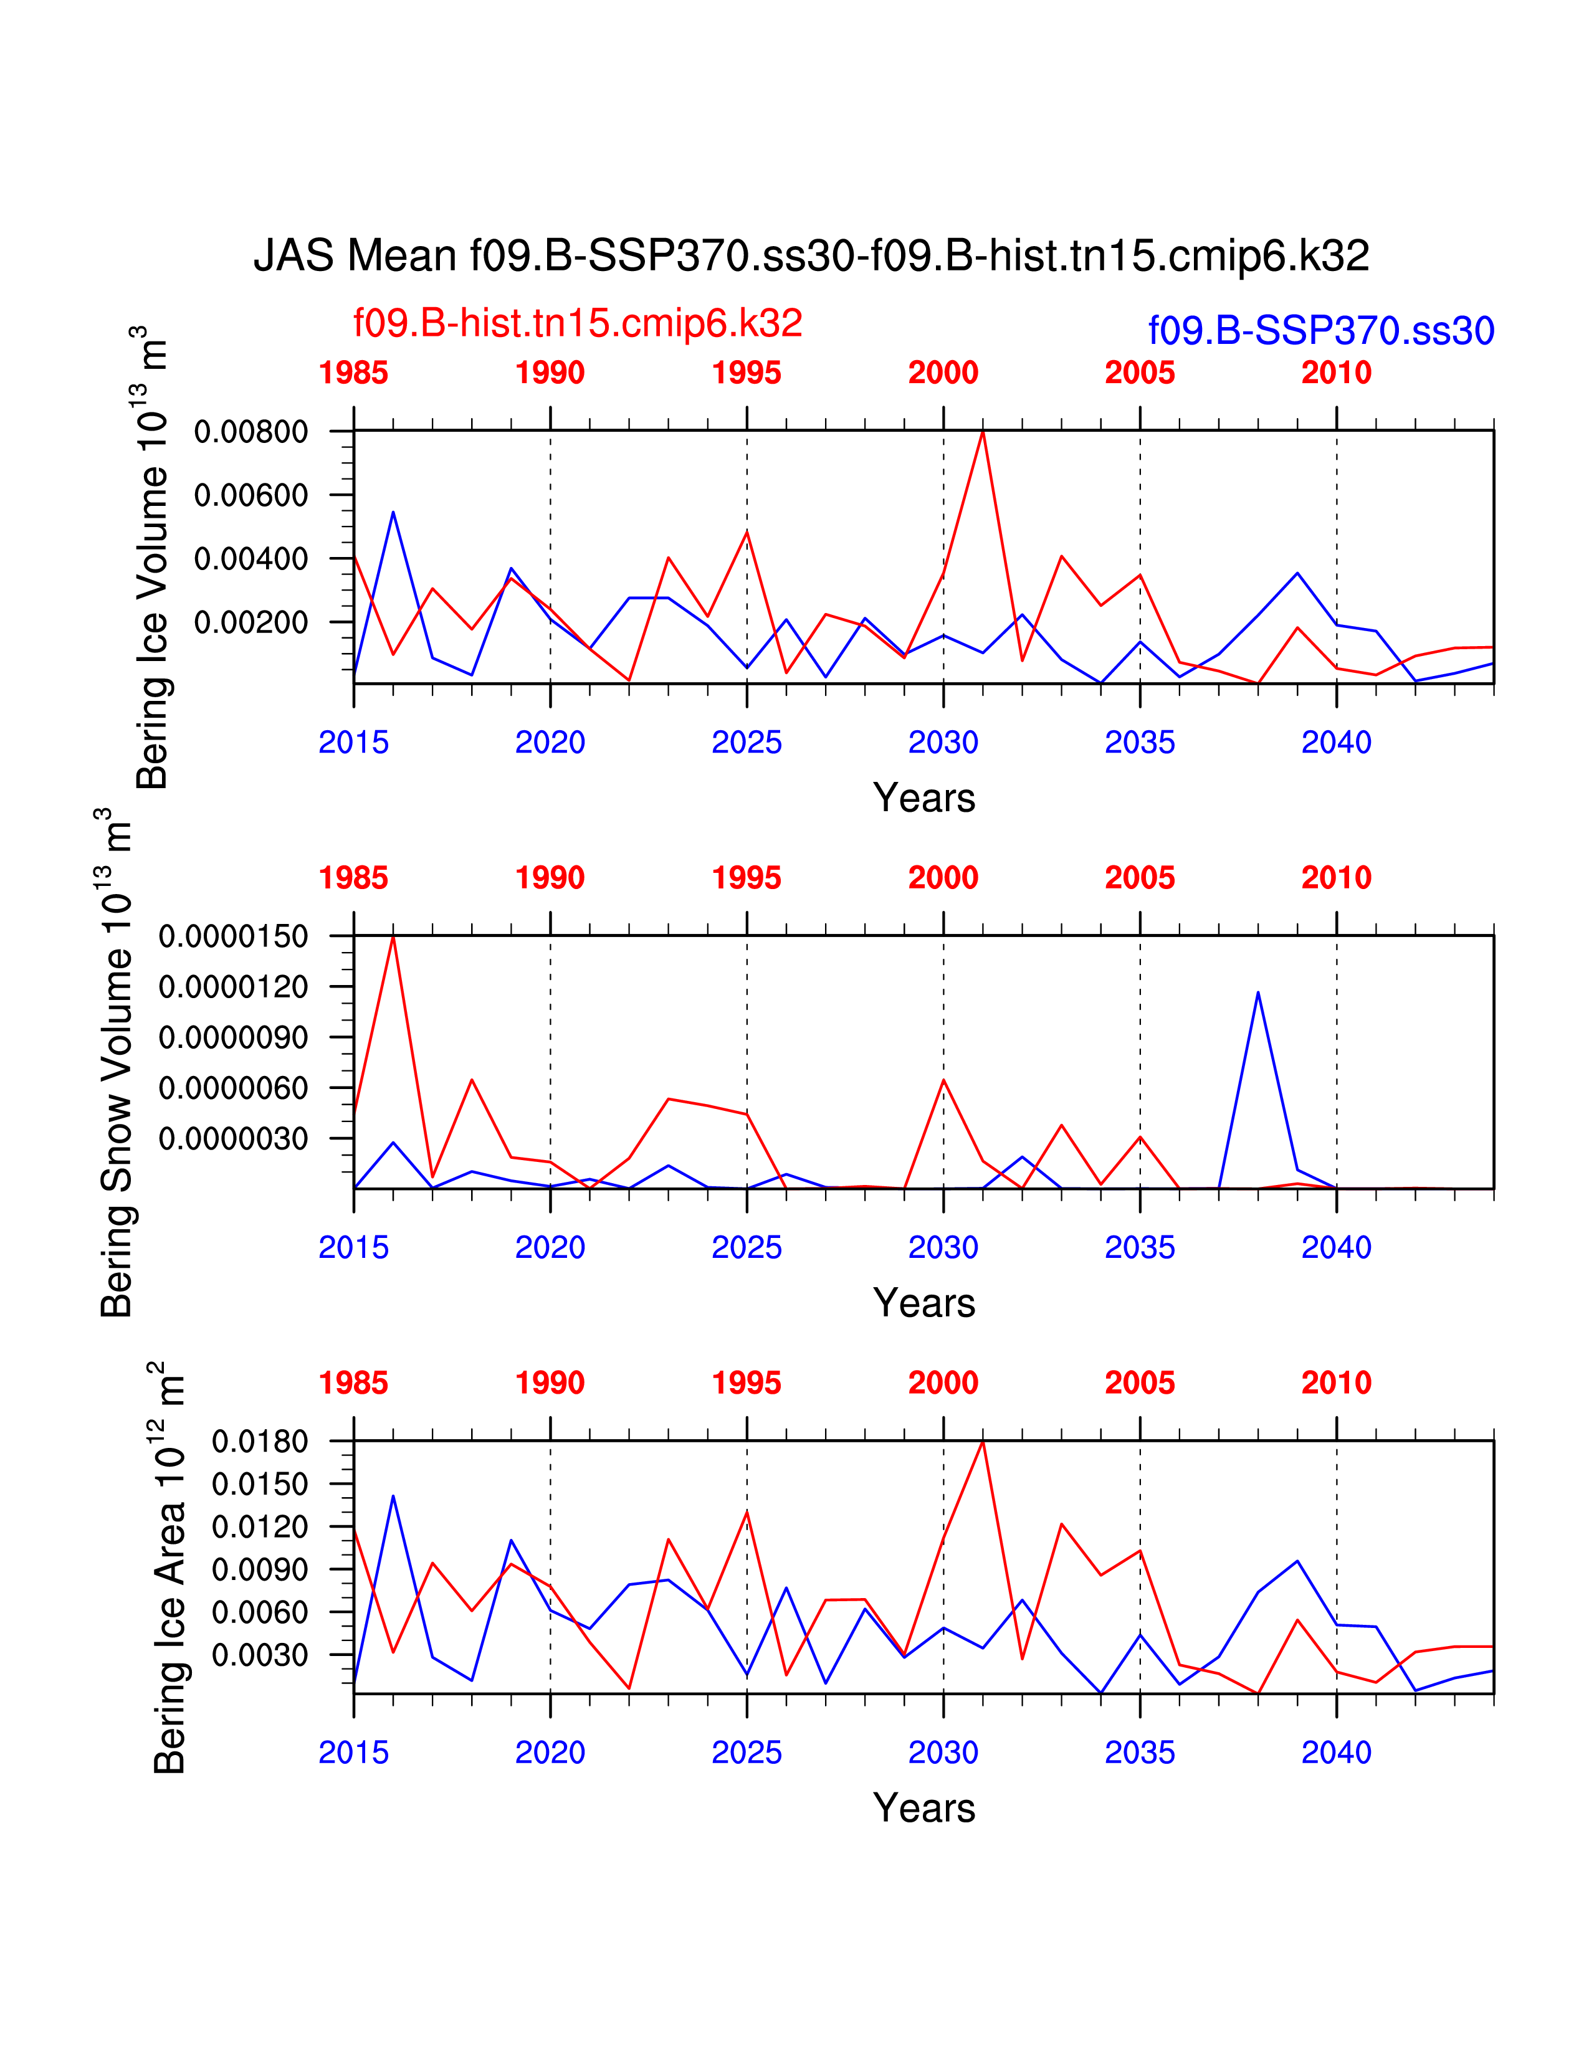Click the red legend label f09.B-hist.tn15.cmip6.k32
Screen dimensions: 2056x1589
(577, 323)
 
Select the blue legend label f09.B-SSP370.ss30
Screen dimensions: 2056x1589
(1320, 330)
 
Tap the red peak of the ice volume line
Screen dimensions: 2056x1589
(983, 432)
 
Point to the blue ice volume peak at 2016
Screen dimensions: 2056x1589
(393, 513)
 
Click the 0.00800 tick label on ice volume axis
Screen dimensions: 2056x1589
(251, 432)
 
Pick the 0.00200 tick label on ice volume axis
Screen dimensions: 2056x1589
(251, 622)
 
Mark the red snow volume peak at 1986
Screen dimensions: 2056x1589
(393, 938)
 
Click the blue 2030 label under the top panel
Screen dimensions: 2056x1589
(943, 743)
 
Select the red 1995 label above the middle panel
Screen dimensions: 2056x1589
(747, 878)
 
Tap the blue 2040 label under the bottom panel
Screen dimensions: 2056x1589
(1337, 1753)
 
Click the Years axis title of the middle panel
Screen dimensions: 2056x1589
(923, 1303)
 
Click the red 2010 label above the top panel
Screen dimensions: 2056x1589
(1337, 373)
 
